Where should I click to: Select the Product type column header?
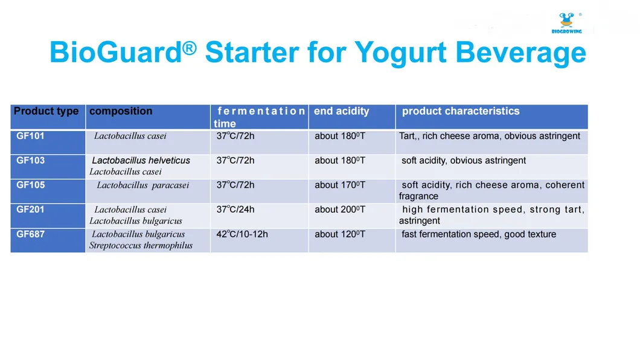pos(46,111)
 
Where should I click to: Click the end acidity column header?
pos(341,111)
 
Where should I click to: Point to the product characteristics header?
pos(460,111)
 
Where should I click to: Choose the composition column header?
pos(121,111)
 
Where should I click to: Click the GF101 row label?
pos(30,136)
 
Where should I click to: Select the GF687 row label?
pos(30,234)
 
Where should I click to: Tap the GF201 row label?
pos(30,210)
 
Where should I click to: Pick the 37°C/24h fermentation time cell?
pos(235,210)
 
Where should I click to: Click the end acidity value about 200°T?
pos(339,210)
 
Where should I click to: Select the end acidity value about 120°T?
pos(339,234)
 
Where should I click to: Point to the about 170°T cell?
pos(339,185)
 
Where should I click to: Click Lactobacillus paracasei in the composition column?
pos(142,185)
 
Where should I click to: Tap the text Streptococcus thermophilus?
pos(141,245)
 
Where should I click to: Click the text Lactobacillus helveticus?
pos(141,161)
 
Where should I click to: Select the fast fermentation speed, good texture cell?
pos(478,234)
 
